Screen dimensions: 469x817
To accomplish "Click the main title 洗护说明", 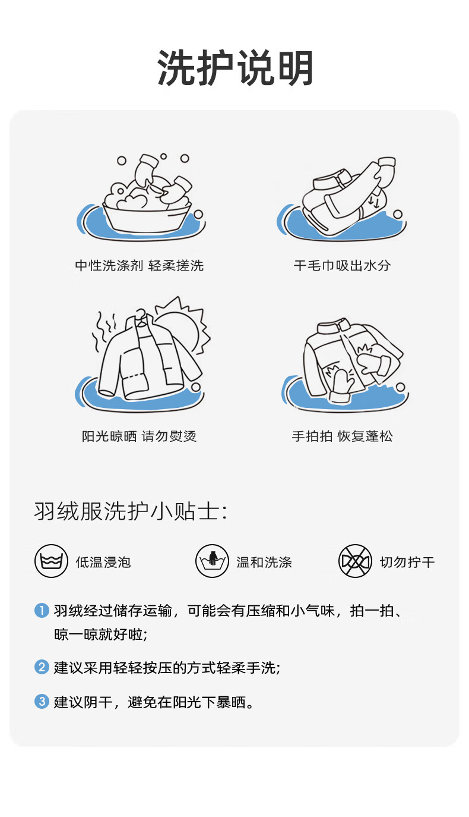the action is click(x=235, y=68).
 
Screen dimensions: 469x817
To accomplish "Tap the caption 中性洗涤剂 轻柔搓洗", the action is click(x=140, y=266).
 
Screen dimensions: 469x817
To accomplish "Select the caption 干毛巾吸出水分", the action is click(x=343, y=266).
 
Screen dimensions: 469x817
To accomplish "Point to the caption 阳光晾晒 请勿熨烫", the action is click(x=140, y=436).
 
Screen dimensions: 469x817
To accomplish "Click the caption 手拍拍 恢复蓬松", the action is click(x=343, y=436).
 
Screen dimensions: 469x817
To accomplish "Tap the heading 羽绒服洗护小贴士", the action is click(x=131, y=511).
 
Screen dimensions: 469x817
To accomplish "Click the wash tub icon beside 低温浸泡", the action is click(x=51, y=561).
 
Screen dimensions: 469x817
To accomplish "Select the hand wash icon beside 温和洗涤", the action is click(x=213, y=561).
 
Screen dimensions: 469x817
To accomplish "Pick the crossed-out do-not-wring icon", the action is click(x=355, y=561).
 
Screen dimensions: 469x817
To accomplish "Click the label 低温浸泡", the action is click(x=103, y=562).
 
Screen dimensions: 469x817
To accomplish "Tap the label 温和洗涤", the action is click(x=264, y=562).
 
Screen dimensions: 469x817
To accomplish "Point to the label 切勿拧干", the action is click(x=407, y=562).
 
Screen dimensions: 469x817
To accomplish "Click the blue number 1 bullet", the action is click(x=42, y=610).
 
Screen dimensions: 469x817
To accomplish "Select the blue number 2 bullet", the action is click(x=42, y=667).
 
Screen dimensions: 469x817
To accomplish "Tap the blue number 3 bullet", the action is click(x=42, y=702).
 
